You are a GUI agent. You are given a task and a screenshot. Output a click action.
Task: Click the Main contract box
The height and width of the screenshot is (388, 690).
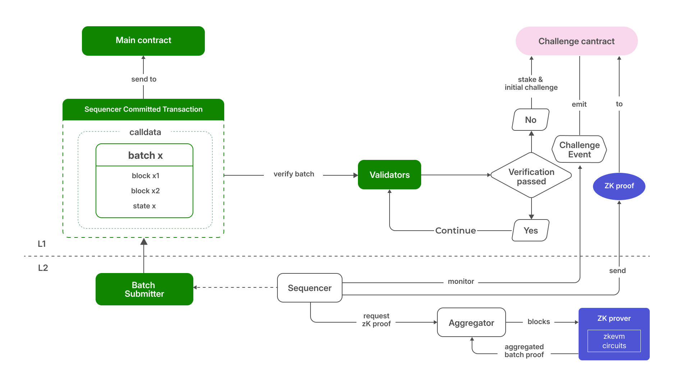point(143,41)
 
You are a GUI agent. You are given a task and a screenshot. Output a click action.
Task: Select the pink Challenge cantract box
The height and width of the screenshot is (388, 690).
point(576,41)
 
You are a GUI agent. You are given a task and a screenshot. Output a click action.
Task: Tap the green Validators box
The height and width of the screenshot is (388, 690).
point(390,175)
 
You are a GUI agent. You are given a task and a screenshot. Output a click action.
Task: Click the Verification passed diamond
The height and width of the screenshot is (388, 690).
point(531,176)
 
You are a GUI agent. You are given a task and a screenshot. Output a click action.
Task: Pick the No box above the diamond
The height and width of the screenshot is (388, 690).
point(530,120)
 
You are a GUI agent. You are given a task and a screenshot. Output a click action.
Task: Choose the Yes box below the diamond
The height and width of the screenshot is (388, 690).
point(530,231)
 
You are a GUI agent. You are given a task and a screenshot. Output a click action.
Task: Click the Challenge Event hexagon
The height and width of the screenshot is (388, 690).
point(579,149)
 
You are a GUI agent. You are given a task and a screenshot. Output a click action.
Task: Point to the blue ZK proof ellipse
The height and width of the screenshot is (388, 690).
point(619,186)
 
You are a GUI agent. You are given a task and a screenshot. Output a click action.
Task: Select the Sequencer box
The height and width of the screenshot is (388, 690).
point(309,288)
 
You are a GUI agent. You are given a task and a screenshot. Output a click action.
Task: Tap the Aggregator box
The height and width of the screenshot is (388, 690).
point(471,323)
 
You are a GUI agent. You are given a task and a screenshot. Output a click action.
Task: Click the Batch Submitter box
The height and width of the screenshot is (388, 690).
point(144,290)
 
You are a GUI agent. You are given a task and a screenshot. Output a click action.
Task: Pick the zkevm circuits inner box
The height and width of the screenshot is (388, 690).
point(614,341)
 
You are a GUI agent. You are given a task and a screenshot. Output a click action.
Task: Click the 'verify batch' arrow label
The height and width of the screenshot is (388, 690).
point(294,174)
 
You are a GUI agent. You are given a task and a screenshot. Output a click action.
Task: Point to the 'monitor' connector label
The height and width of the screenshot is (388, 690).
point(461,282)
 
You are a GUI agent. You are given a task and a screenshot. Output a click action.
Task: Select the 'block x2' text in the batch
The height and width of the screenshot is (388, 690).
point(145,191)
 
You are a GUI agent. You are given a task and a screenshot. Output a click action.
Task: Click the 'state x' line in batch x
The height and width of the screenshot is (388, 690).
point(144,206)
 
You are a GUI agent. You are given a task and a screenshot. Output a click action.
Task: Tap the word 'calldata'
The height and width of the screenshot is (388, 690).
point(145,132)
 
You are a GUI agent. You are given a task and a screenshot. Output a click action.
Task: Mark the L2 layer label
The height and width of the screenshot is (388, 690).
point(43,268)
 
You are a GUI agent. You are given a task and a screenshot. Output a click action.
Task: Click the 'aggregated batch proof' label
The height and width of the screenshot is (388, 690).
point(524,351)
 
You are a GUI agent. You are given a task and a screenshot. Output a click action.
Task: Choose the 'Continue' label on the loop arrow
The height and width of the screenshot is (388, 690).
point(455,231)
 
